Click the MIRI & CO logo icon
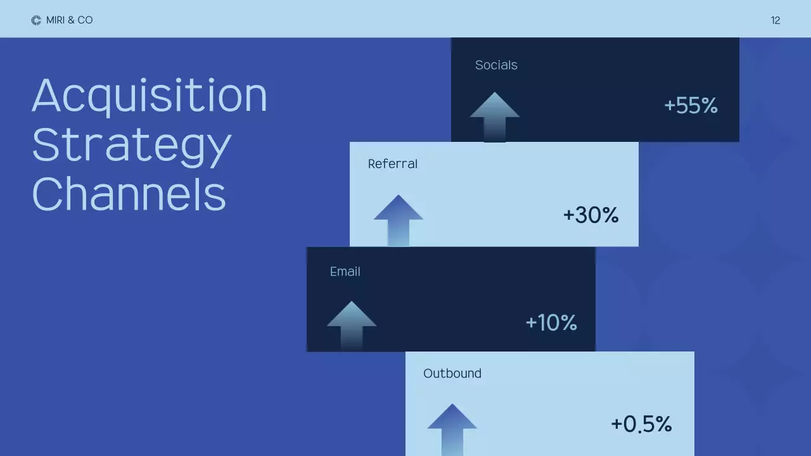point(36,20)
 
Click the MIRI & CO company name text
point(70,20)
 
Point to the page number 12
point(776,21)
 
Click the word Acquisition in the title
point(150,96)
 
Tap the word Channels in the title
point(129,194)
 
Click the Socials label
point(496,65)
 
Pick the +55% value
point(691,106)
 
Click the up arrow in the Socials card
point(494,116)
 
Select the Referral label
point(393,164)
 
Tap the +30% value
point(591,215)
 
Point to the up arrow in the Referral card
point(398,219)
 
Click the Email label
point(345,272)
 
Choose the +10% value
point(551,323)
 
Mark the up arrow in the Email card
point(352,324)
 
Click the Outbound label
point(452,374)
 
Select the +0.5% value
point(641,424)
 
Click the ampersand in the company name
point(70,20)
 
